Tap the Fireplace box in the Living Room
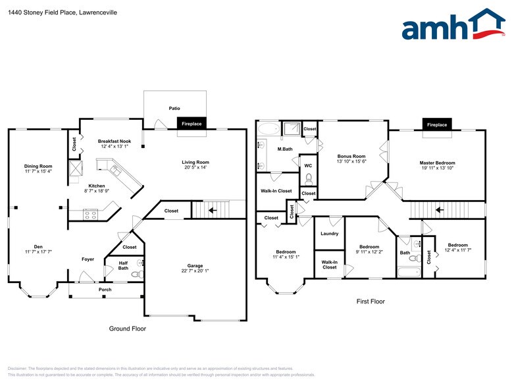click(192, 124)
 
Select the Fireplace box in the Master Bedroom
click(437, 124)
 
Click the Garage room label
click(195, 266)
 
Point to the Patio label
click(174, 108)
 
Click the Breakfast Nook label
click(115, 141)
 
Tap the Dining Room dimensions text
click(38, 171)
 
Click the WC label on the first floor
click(307, 164)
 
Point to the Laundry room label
click(329, 234)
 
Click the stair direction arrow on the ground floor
click(213, 211)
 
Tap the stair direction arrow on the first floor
click(439, 211)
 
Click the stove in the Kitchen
click(91, 214)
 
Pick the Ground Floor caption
click(128, 328)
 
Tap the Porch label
click(105, 290)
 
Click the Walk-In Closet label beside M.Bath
click(276, 191)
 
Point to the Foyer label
click(88, 259)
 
